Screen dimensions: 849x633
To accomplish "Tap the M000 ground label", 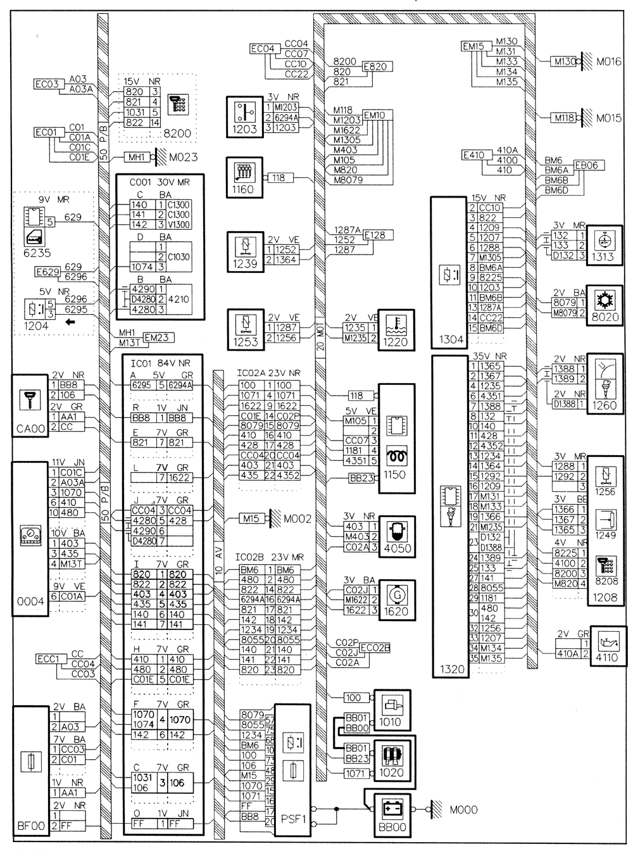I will click(x=464, y=810).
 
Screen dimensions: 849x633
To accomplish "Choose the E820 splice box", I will click(x=377, y=66).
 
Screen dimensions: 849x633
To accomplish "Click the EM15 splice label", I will click(x=473, y=46).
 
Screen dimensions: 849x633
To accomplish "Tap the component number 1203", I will click(x=245, y=129).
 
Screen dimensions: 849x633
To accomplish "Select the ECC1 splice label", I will click(x=47, y=660).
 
